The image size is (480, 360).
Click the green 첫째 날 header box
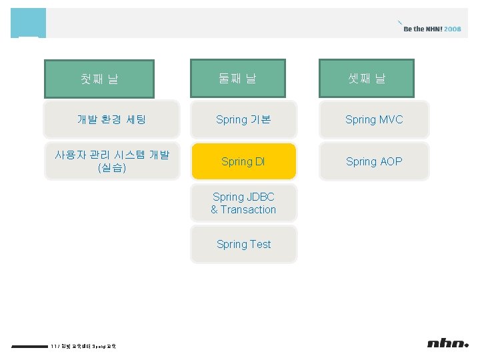coord(99,79)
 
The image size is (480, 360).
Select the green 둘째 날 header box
coord(238,78)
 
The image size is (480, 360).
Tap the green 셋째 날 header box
coord(367,78)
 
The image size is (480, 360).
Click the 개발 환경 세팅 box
coord(112,120)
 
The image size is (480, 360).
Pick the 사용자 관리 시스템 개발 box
coord(112,161)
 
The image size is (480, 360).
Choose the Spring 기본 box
coord(244,120)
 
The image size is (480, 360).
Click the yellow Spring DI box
coord(243,161)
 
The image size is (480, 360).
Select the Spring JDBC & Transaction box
coord(243,203)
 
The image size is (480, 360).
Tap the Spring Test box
coord(243,245)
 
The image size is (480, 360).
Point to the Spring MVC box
coord(374,120)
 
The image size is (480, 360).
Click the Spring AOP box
coord(374,161)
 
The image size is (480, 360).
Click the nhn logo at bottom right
coord(447,343)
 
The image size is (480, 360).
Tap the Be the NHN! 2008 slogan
coord(432,29)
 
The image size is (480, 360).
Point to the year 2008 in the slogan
coord(453,29)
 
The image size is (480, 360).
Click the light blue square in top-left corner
coord(28,23)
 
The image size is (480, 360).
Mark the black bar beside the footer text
coord(30,346)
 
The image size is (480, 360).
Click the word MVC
coord(391,120)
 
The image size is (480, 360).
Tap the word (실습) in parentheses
coord(112,168)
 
